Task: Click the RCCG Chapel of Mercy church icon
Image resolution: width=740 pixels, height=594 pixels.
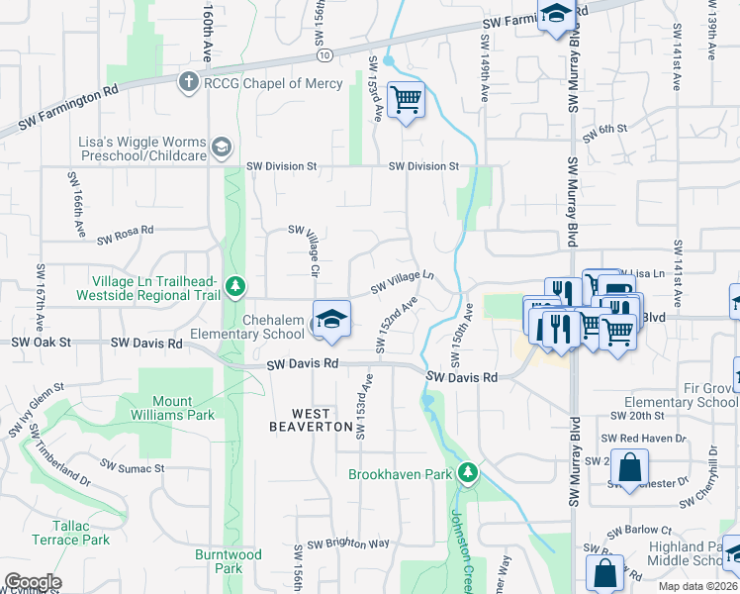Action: (189, 83)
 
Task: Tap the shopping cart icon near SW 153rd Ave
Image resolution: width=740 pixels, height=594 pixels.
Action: (405, 100)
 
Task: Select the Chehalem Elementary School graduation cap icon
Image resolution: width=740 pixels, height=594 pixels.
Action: (331, 318)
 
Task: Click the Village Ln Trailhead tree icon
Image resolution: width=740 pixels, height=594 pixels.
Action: (234, 287)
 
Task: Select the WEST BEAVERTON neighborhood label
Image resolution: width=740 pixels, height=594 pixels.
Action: (312, 419)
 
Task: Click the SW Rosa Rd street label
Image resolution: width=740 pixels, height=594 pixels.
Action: (125, 236)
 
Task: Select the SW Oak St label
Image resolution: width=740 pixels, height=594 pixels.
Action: (42, 343)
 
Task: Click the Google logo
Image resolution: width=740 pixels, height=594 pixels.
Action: (33, 582)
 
